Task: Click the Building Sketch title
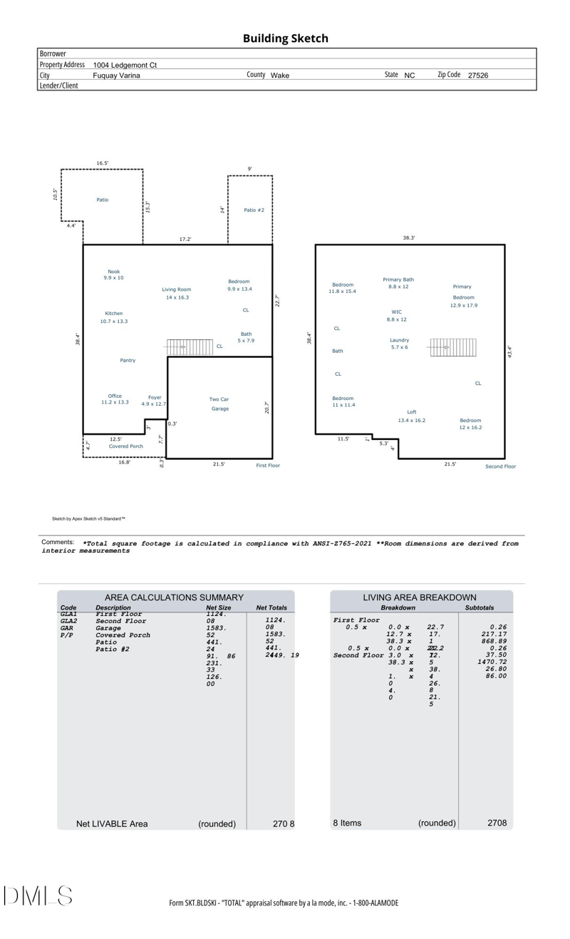click(x=285, y=39)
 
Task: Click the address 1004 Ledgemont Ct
click(x=125, y=65)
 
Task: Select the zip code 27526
click(x=477, y=75)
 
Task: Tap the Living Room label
click(x=176, y=289)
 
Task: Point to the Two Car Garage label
click(x=219, y=404)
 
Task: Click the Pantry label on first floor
click(x=128, y=361)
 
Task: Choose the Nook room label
click(x=113, y=272)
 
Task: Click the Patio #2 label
click(x=254, y=210)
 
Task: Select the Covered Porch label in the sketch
click(x=125, y=446)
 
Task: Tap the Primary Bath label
click(x=398, y=280)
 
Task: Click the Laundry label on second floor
click(x=399, y=340)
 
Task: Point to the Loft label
click(x=411, y=412)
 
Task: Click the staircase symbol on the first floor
click(x=190, y=347)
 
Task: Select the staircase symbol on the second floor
click(x=452, y=347)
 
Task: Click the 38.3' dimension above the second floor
click(x=408, y=238)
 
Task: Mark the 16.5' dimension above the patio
click(x=102, y=163)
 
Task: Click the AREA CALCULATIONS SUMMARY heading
click(x=174, y=597)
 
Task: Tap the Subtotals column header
click(x=479, y=608)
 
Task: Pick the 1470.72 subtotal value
click(x=492, y=662)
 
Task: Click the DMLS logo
click(x=37, y=896)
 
